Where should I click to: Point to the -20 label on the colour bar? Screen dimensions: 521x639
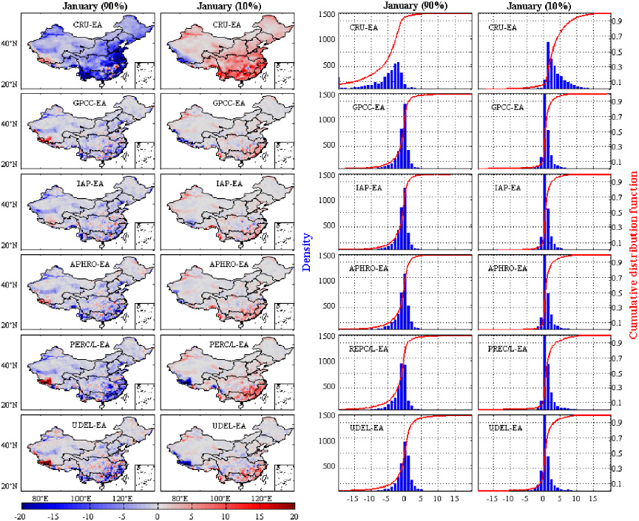pyautogui.click(x=20, y=516)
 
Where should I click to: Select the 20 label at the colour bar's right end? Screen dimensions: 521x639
pyautogui.click(x=294, y=516)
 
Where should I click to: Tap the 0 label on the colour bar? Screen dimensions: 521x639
pyautogui.click(x=157, y=516)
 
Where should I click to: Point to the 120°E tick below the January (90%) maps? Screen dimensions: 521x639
pyautogui.click(x=121, y=498)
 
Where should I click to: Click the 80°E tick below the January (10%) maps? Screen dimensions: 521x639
pyautogui.click(x=180, y=498)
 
